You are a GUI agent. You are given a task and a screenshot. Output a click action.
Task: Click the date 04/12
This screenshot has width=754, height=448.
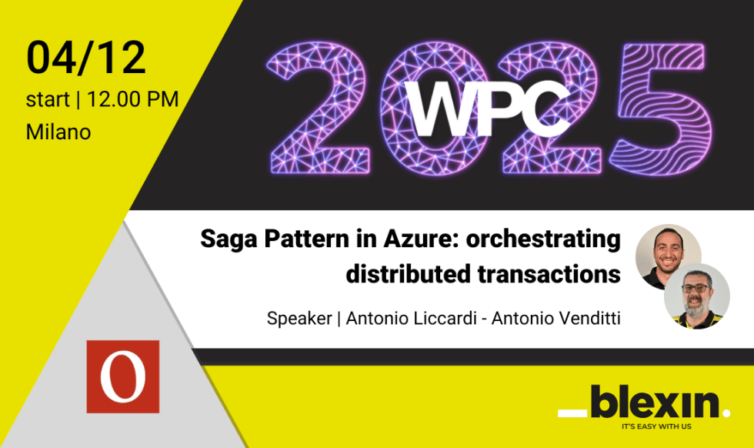pyautogui.click(x=85, y=58)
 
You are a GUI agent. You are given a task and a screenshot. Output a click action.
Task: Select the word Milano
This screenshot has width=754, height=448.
pyautogui.click(x=58, y=132)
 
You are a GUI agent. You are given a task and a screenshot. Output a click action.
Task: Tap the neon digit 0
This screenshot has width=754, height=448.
pyautogui.click(x=431, y=108)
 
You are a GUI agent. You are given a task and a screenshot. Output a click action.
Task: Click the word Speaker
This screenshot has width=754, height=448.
pyautogui.click(x=299, y=318)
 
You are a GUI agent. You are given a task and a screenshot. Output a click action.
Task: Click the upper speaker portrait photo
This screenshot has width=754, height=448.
pyautogui.click(x=667, y=256)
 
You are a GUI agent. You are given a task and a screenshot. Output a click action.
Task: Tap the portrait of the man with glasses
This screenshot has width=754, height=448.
pyautogui.click(x=697, y=296)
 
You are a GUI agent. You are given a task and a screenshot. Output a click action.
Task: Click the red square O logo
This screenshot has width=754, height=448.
pyautogui.click(x=122, y=376)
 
